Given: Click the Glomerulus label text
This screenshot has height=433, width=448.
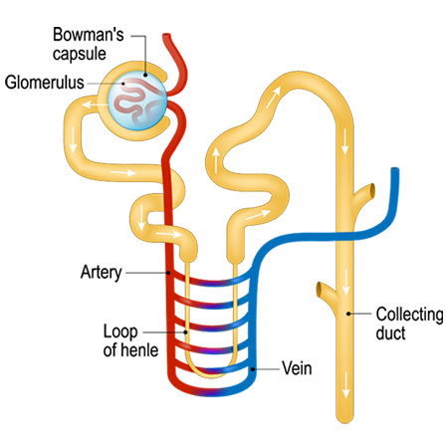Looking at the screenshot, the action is (x=44, y=83).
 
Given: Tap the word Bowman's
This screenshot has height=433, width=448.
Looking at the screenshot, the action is (x=89, y=35).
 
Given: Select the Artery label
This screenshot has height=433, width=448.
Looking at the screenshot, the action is (x=102, y=273).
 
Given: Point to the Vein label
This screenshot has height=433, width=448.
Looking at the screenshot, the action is (x=297, y=368).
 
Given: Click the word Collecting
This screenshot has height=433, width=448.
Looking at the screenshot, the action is (x=409, y=316).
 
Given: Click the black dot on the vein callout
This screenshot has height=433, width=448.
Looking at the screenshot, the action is (x=253, y=369).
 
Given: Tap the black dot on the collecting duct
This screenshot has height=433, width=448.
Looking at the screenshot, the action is (x=348, y=314).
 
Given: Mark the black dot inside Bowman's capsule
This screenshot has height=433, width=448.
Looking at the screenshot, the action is (x=145, y=75).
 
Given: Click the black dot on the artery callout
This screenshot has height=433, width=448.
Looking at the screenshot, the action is (x=169, y=273).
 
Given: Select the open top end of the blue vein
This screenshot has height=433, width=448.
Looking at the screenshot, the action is (x=395, y=170).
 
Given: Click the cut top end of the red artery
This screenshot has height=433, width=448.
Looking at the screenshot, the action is (x=166, y=35).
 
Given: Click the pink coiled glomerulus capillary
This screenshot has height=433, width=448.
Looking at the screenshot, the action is (x=136, y=101).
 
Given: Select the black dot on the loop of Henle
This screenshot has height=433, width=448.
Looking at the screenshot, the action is (x=185, y=331).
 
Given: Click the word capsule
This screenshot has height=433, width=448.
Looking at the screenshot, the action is (x=80, y=54).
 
